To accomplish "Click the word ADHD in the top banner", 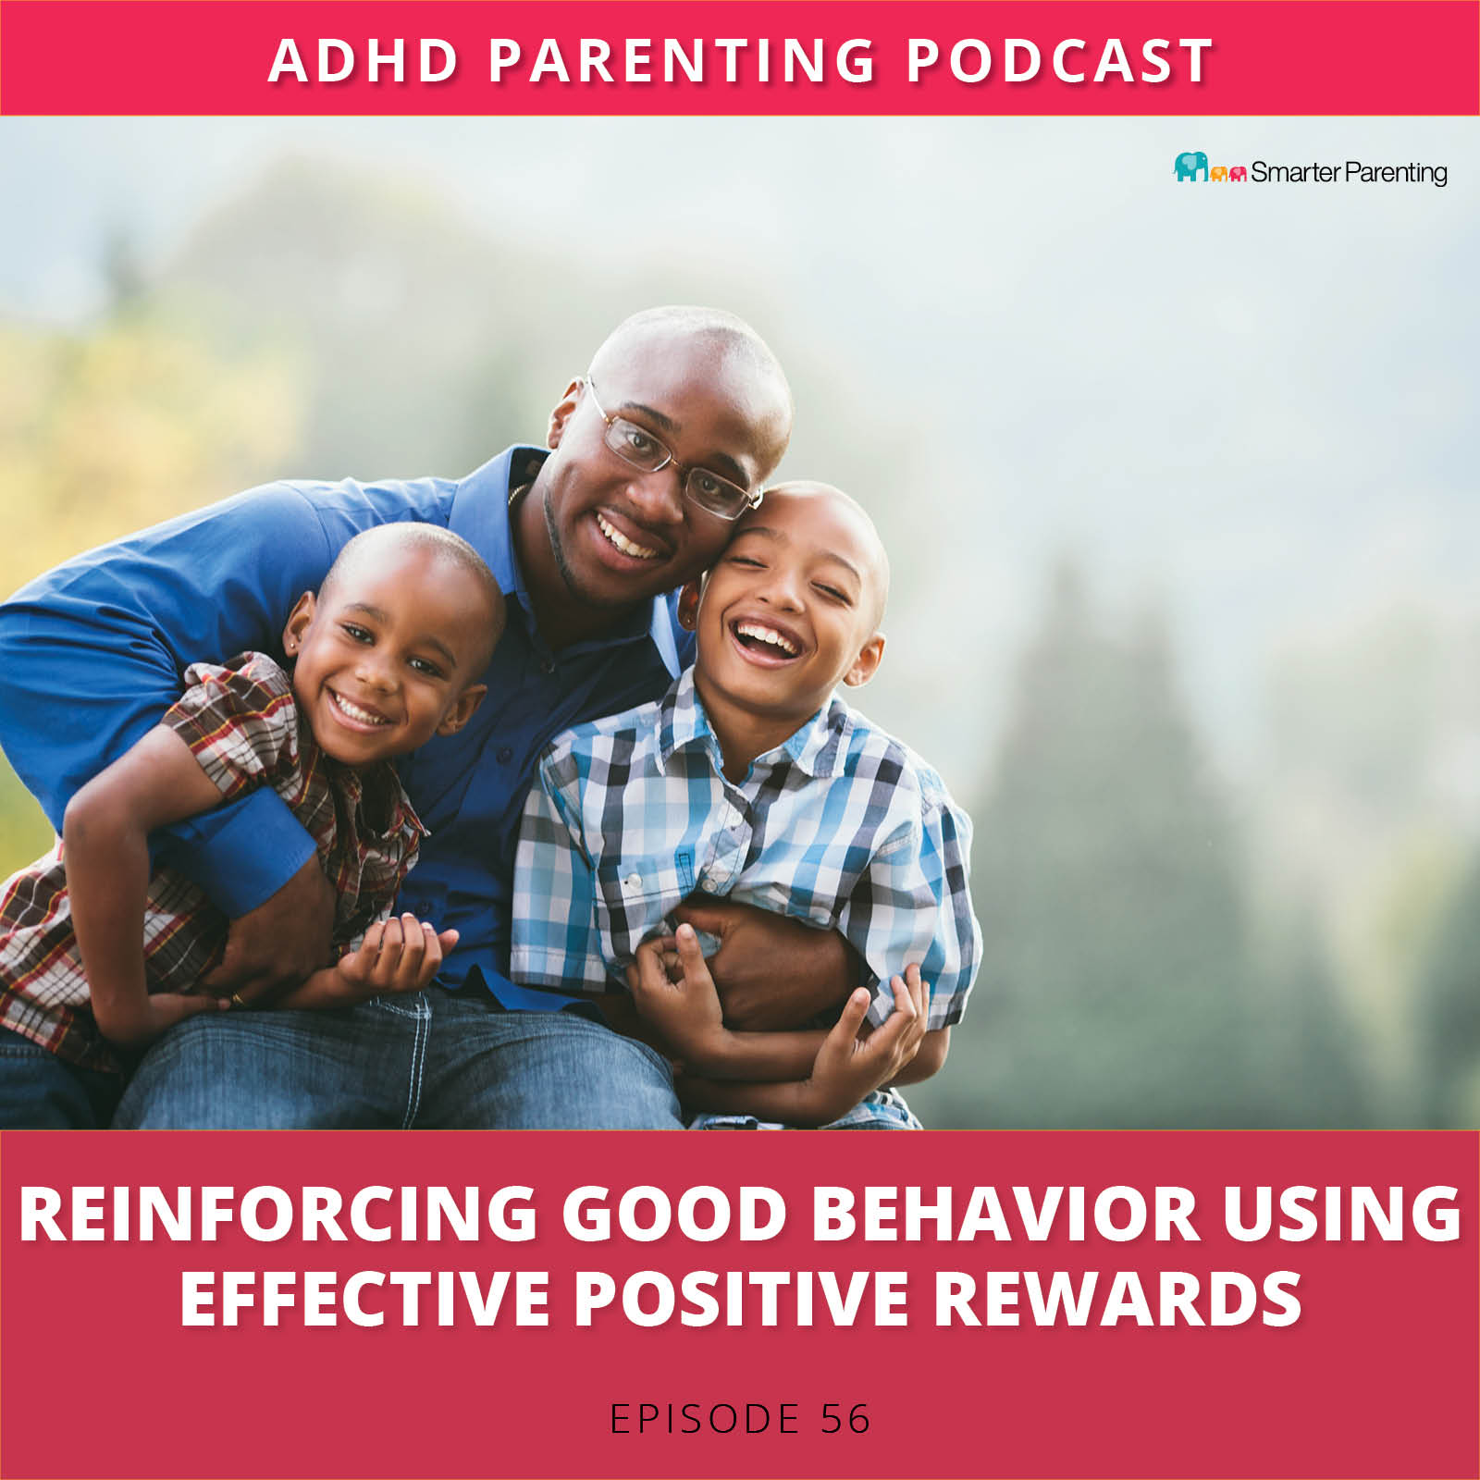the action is click(363, 61).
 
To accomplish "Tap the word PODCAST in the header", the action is click(1059, 61).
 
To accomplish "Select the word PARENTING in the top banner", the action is click(682, 61).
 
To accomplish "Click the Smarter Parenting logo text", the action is click(1349, 172).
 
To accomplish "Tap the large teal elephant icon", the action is click(1190, 166).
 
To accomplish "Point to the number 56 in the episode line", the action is click(845, 1419).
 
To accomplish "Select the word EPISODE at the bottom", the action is click(705, 1419).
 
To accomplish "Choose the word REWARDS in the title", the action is click(1117, 1297).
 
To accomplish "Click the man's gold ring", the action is click(237, 999).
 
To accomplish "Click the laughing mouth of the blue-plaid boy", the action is click(765, 640).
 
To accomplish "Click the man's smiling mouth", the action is click(631, 538).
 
